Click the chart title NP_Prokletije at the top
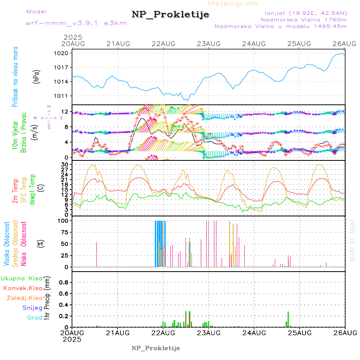point(170,14)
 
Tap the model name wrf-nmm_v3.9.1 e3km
point(70,23)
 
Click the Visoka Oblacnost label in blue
point(7,244)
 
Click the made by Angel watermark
point(352,240)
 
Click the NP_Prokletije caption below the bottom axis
point(156,348)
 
